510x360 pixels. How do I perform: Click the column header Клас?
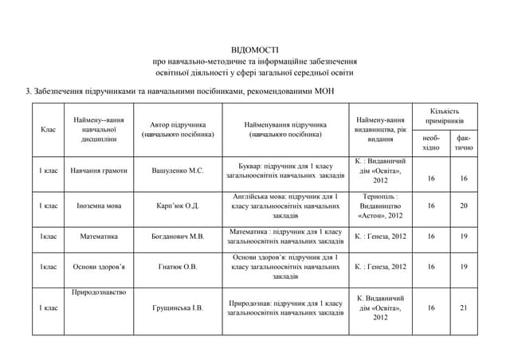(x=47, y=129)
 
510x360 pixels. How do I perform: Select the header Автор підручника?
(x=178, y=129)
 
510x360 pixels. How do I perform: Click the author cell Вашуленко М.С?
(x=178, y=170)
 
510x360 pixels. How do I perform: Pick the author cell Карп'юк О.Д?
(x=178, y=205)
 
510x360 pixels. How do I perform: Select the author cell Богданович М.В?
(x=178, y=237)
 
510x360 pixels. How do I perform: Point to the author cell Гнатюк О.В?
(x=178, y=267)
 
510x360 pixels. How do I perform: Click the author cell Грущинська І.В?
(x=178, y=307)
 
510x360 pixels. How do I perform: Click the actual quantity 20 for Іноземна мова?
(x=464, y=205)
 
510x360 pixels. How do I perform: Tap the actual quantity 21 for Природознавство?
(x=464, y=307)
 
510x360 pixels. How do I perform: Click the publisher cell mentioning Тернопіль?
(x=380, y=205)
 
